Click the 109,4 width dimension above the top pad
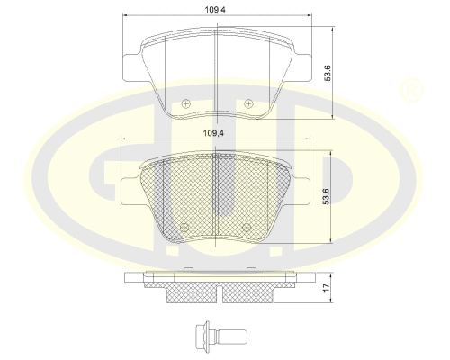click(212, 11)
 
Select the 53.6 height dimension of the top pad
click(328, 72)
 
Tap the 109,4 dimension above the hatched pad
click(212, 133)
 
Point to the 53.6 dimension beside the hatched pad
click(328, 193)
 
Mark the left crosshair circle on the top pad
click(185, 104)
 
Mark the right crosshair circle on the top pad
click(242, 104)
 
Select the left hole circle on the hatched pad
click(184, 226)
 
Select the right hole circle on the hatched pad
click(243, 226)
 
